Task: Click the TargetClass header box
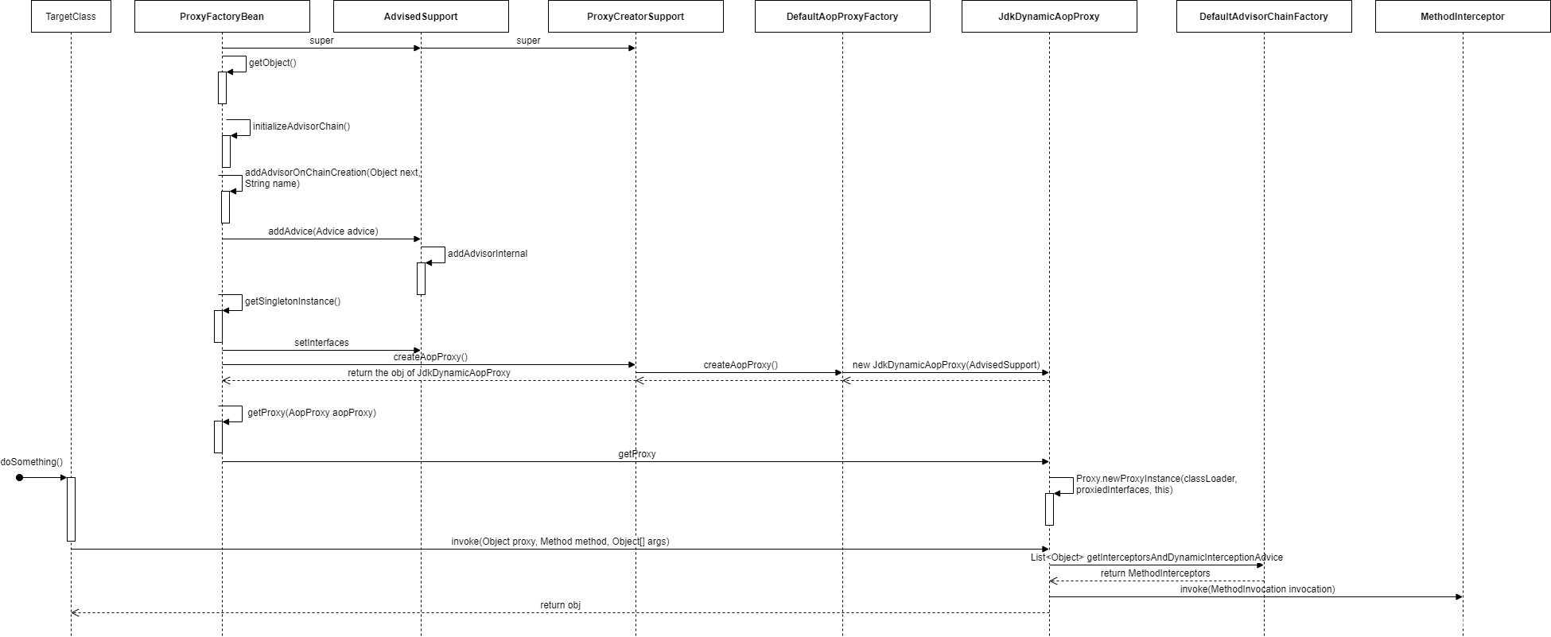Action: click(x=71, y=16)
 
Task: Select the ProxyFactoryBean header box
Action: click(x=222, y=16)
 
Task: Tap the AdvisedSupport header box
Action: click(x=421, y=16)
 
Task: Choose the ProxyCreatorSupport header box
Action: click(x=636, y=16)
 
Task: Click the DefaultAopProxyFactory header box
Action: click(x=842, y=16)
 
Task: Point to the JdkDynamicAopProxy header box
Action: click(x=1049, y=16)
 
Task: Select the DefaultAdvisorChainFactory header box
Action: click(x=1264, y=16)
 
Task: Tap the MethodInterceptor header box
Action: click(x=1463, y=16)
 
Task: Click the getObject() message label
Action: click(x=272, y=63)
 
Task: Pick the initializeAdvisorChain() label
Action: click(x=301, y=126)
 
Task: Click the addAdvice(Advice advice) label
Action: click(x=322, y=231)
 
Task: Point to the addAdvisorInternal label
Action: click(x=488, y=254)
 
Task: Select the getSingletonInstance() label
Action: click(x=293, y=301)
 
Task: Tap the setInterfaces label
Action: click(x=321, y=343)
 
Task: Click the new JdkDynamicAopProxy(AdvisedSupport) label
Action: click(x=946, y=365)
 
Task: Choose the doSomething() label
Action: click(x=31, y=462)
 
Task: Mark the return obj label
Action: click(x=560, y=605)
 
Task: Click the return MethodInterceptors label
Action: click(x=1156, y=573)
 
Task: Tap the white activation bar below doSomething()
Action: click(x=71, y=509)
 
